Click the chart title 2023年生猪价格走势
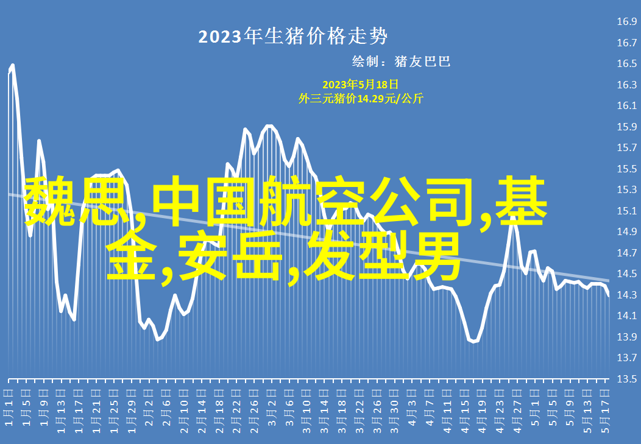click(292, 37)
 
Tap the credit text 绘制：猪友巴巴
click(401, 62)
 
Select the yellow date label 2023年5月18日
click(360, 85)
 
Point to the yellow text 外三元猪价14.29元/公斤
click(361, 99)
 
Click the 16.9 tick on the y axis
click(627, 21)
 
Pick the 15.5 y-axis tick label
click(627, 169)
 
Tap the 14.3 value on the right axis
click(627, 295)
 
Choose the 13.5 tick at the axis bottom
click(627, 379)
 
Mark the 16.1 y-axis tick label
click(627, 105)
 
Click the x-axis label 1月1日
click(9, 407)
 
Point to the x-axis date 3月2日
click(271, 407)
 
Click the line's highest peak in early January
click(13, 65)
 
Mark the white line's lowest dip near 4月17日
click(474, 342)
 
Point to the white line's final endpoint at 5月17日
click(609, 296)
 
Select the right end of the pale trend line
click(609, 281)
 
